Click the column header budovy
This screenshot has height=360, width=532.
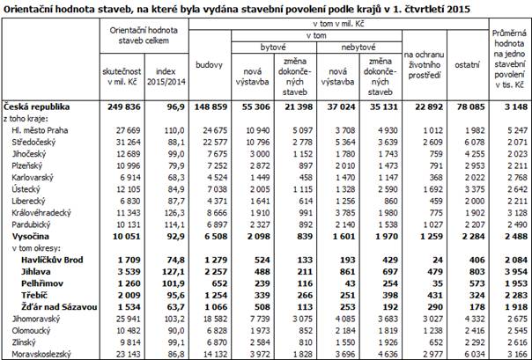(x=210, y=64)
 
